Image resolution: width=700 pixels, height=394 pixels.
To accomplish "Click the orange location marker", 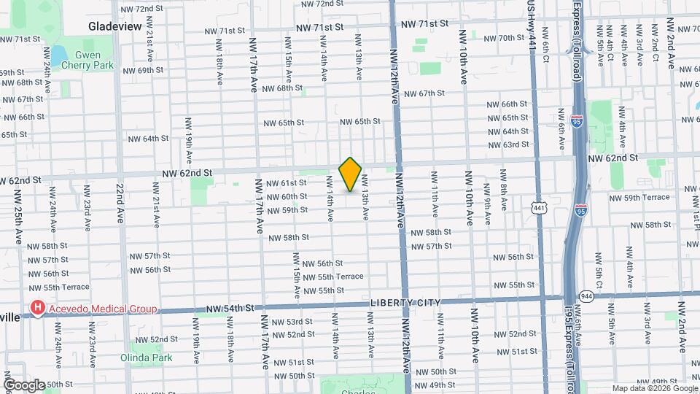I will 351,174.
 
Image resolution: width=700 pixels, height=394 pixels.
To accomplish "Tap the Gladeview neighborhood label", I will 114,26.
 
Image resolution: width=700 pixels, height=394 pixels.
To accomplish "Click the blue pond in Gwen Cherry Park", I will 58,55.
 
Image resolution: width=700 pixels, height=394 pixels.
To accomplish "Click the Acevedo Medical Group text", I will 102,309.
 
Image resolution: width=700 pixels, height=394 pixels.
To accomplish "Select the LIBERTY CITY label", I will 402,302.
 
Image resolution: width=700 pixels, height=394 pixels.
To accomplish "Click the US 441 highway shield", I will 539,209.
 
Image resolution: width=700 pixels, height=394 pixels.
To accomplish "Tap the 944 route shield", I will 586,295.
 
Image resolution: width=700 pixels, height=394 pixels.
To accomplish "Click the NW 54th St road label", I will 233,309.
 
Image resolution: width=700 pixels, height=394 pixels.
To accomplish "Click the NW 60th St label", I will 286,197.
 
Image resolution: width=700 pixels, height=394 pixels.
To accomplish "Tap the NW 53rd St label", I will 292,322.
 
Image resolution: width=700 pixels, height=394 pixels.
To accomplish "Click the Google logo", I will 23,385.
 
